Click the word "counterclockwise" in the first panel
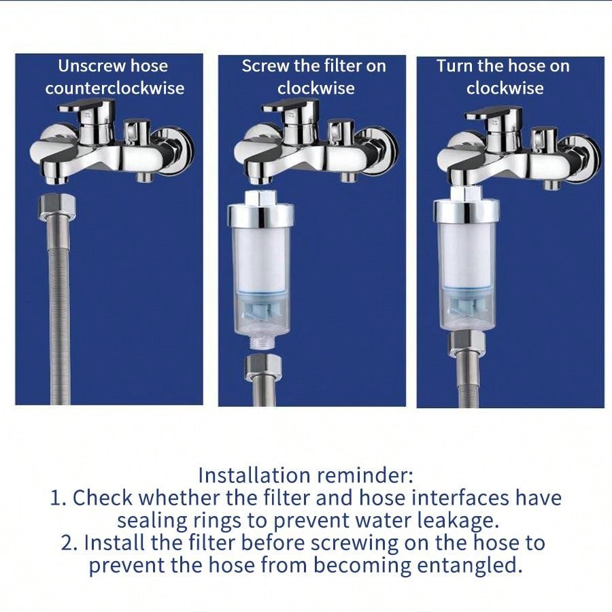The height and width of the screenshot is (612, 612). [115, 88]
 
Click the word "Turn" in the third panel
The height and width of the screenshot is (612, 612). [454, 65]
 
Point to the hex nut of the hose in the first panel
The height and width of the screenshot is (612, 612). [57, 207]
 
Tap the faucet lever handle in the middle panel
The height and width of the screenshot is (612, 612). [292, 109]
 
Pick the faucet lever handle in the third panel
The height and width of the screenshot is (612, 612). [494, 113]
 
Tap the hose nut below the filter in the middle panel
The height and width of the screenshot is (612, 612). [262, 367]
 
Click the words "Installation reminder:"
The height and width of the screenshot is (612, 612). [305, 475]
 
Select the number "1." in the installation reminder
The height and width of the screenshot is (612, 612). [58, 498]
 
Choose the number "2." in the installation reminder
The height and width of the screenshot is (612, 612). [69, 543]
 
